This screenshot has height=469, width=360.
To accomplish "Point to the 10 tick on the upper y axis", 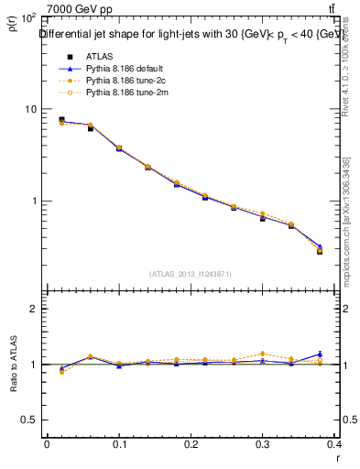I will click(30, 109).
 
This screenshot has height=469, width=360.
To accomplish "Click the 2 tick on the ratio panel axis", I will click(33, 309).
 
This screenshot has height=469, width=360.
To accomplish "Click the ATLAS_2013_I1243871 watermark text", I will click(191, 274).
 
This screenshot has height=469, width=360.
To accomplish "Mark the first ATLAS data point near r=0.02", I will click(61, 120).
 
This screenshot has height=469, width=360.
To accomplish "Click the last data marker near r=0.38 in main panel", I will click(320, 250).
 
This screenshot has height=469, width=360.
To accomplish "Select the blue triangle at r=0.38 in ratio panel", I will click(320, 354).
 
